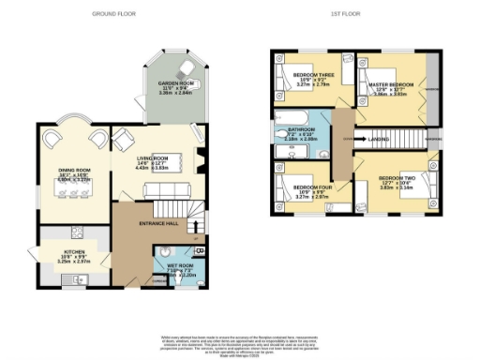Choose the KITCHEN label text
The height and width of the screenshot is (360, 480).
74,251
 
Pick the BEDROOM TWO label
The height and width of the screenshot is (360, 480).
396,177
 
